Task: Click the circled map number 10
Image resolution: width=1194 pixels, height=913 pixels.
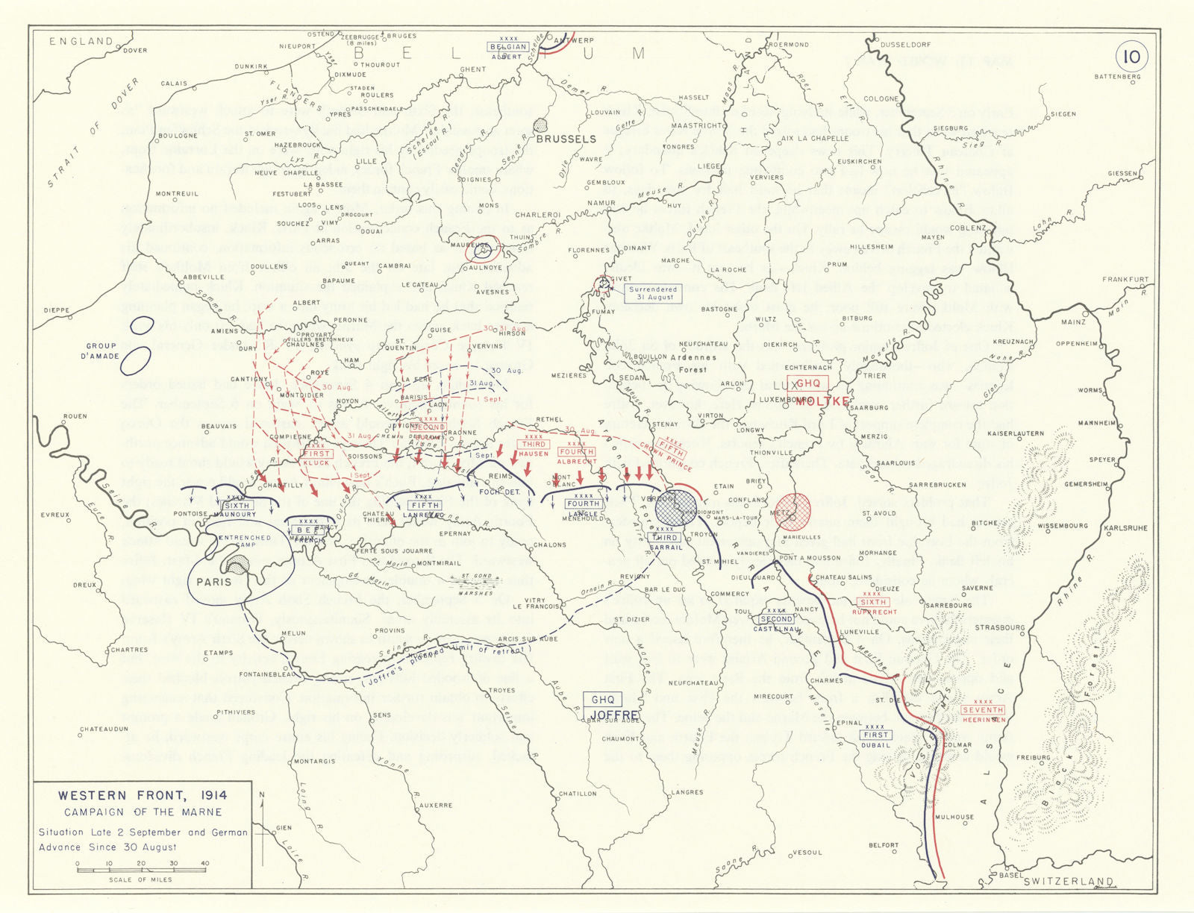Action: [x=1131, y=57]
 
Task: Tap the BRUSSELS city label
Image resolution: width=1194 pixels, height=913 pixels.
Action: [x=566, y=139]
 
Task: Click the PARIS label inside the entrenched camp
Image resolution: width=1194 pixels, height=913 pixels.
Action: [x=213, y=582]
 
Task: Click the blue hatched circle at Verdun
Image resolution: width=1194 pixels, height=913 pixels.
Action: [x=675, y=508]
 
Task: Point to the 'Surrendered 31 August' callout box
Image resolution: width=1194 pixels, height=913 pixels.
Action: [x=652, y=293]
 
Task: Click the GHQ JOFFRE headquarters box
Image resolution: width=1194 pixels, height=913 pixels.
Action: [x=603, y=705]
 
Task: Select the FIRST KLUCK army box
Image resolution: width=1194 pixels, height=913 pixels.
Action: [x=316, y=458]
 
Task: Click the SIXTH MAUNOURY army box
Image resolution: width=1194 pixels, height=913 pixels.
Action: [x=237, y=509]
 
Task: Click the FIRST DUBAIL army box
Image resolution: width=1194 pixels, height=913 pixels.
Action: [x=875, y=739]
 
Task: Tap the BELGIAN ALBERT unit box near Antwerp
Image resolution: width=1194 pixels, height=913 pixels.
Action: [x=507, y=51]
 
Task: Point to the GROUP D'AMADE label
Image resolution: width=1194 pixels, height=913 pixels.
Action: [x=101, y=351]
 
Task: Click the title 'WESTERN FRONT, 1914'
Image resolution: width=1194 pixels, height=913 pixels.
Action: [x=143, y=795]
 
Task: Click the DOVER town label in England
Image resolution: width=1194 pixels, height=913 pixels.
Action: [x=135, y=51]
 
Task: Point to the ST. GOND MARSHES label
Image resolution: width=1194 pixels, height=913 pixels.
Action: [x=476, y=584]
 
